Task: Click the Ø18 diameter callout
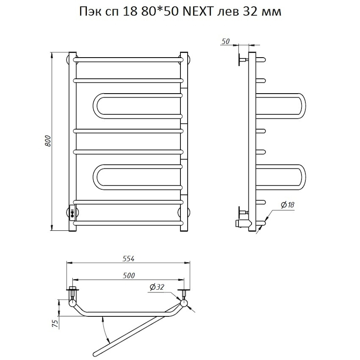pos(288,205)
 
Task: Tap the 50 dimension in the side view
pos(225,41)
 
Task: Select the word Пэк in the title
pos(88,12)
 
